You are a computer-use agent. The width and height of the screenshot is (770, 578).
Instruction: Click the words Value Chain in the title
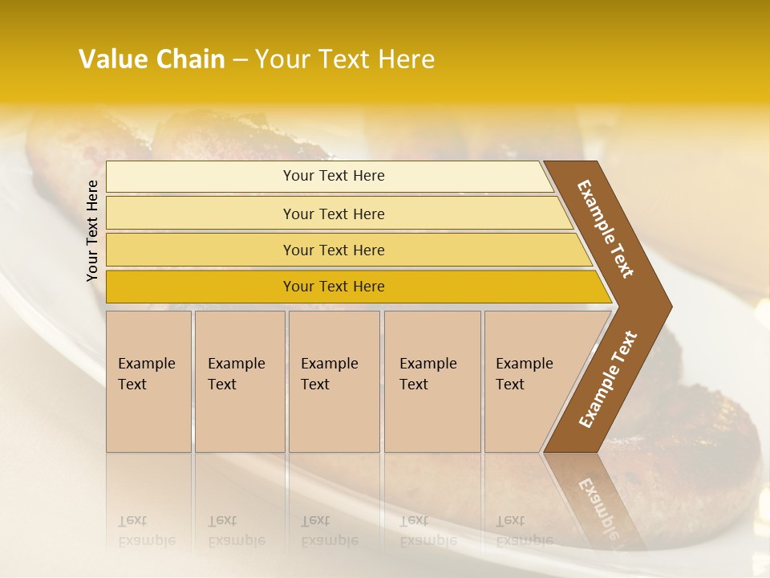(x=152, y=59)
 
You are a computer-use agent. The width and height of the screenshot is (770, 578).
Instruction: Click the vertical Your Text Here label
(x=92, y=230)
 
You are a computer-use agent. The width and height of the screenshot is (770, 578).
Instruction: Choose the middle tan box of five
(x=334, y=381)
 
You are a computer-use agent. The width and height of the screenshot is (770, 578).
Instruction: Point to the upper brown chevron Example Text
(x=606, y=229)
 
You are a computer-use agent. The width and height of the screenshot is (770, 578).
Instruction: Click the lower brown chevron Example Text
(x=608, y=380)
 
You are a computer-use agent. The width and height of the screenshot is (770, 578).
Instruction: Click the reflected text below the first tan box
(x=146, y=530)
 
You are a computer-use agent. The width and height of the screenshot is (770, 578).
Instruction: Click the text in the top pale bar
(x=334, y=176)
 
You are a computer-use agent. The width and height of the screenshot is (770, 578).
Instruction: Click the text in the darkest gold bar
(x=334, y=287)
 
